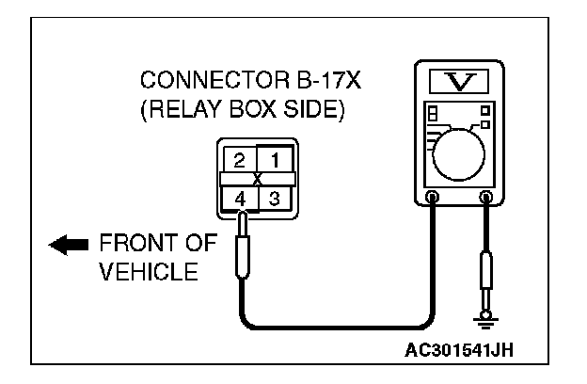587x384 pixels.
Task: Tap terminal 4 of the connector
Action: point(240,198)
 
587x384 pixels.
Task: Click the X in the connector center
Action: point(258,178)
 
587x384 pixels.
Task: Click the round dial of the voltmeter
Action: point(461,150)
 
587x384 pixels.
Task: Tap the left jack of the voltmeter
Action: point(432,198)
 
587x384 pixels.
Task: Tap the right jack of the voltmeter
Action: point(487,198)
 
